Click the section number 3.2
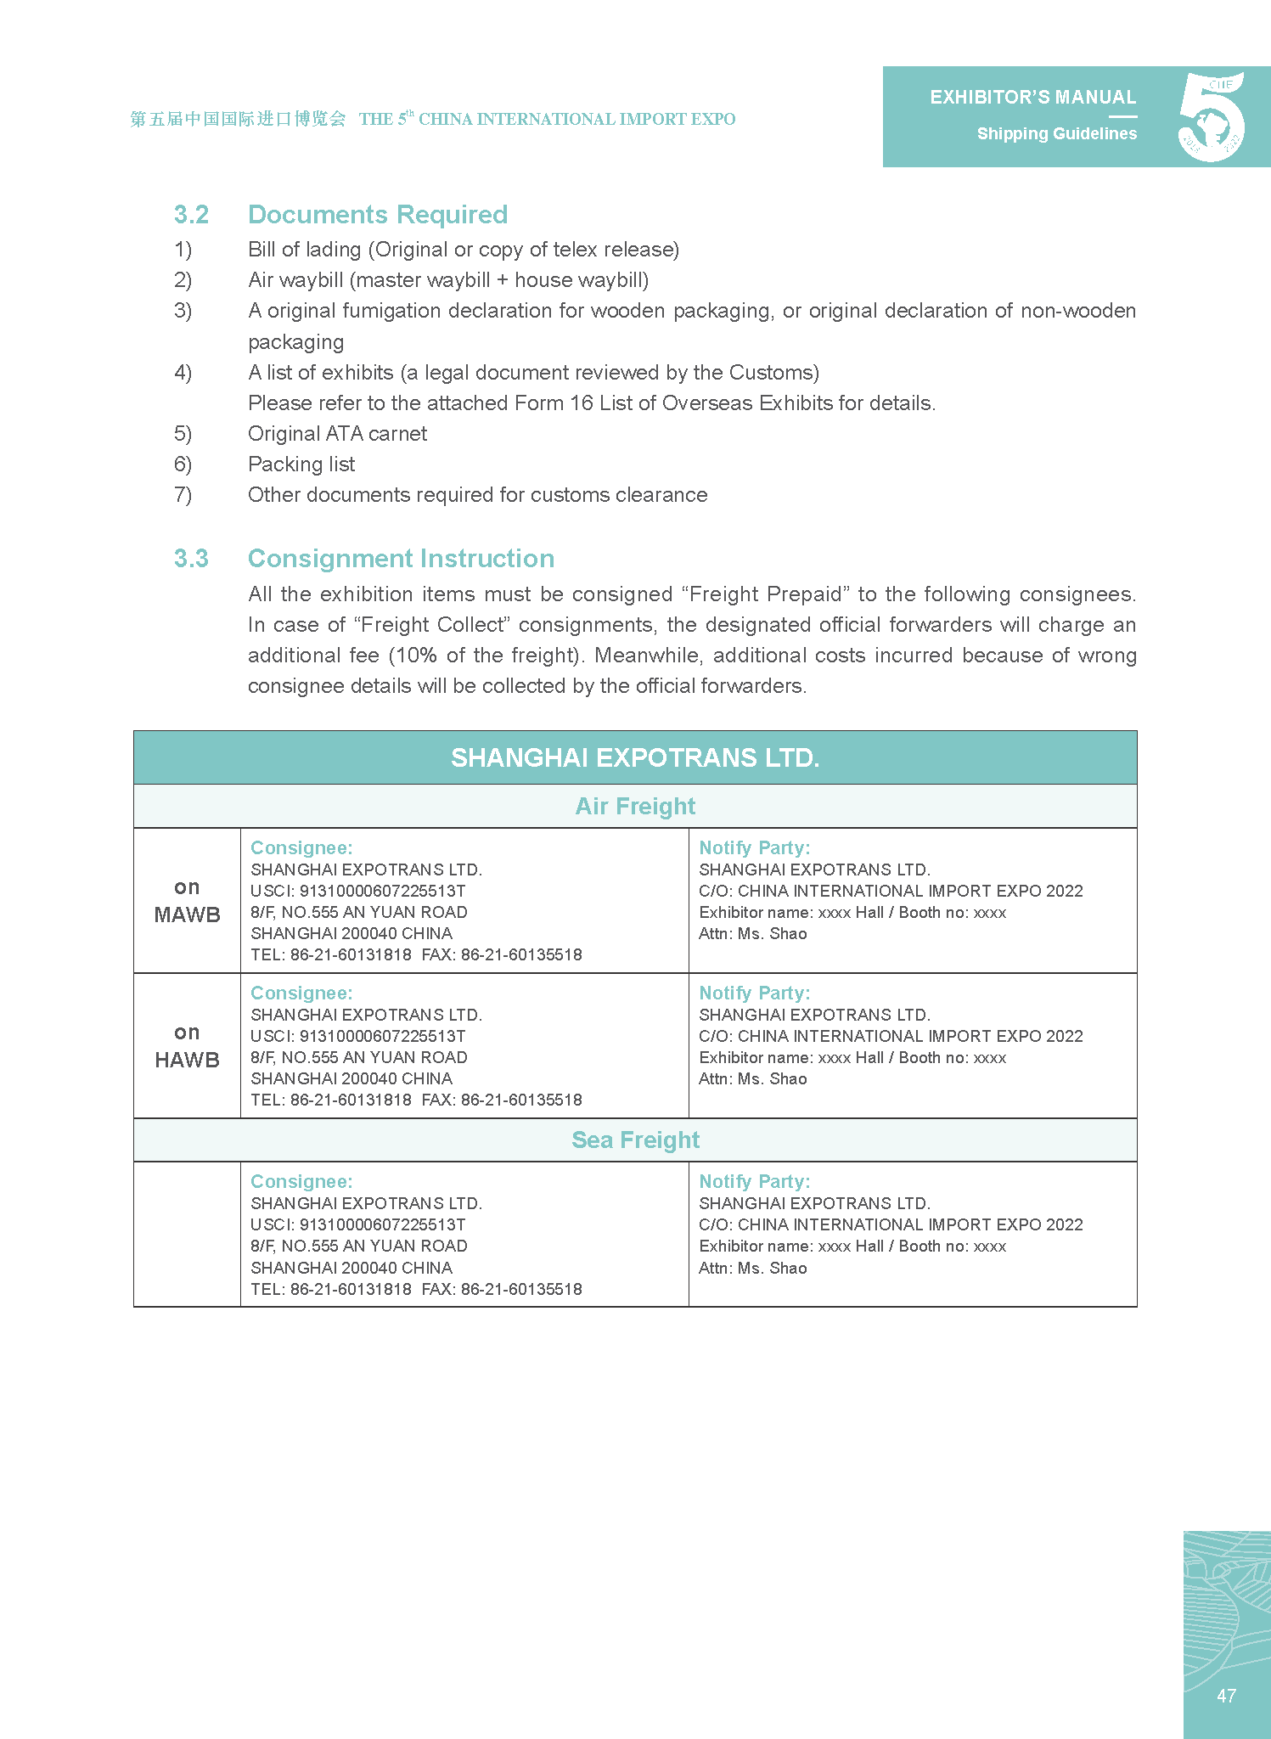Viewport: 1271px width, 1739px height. pos(191,215)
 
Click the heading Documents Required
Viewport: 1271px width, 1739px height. pos(377,215)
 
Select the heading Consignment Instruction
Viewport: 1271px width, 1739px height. pos(401,559)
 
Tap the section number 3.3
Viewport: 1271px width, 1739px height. pos(191,559)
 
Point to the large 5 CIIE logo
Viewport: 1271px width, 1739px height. pos(1212,117)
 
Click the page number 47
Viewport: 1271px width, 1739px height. pos(1226,1696)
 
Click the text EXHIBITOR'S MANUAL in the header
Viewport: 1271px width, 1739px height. pos(1032,98)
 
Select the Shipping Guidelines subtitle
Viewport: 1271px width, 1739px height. pos(1056,134)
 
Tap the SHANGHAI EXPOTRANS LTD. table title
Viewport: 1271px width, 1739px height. pos(635,757)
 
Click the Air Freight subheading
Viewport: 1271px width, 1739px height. pos(635,806)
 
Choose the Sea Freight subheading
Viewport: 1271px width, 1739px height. pos(635,1140)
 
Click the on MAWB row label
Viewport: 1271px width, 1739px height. pos(187,901)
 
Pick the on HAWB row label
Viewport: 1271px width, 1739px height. pos(187,1046)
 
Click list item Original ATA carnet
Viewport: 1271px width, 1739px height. pos(337,434)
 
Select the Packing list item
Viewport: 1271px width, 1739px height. pos(301,464)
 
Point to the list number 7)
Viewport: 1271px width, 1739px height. pos(183,495)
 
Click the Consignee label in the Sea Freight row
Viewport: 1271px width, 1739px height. pos(301,1182)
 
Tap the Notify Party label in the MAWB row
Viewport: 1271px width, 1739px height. pos(754,847)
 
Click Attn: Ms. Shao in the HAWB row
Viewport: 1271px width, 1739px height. pos(752,1079)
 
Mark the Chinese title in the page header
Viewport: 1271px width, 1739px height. pos(238,119)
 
